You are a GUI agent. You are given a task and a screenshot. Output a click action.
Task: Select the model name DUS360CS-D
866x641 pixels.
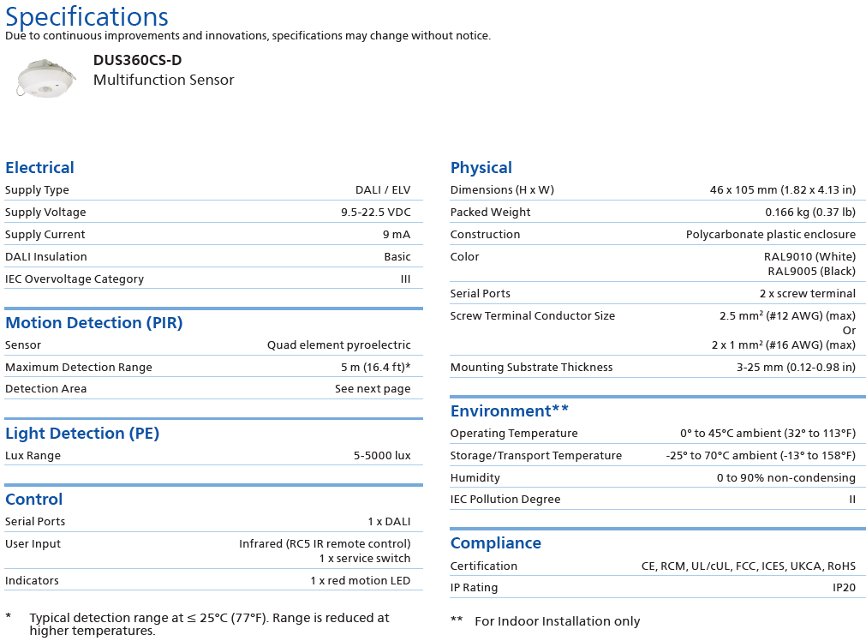coord(137,60)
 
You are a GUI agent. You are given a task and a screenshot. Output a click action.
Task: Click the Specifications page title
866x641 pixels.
coord(87,16)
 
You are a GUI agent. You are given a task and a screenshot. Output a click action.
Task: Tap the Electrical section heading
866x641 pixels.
coord(39,168)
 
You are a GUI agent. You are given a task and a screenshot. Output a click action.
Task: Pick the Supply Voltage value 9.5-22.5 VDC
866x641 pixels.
coord(375,213)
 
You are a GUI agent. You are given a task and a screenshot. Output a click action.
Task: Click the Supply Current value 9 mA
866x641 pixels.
coord(397,235)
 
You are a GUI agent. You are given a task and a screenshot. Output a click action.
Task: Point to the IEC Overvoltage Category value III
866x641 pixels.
coord(405,279)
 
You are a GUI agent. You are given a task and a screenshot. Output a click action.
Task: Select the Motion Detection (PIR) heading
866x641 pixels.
coord(93,323)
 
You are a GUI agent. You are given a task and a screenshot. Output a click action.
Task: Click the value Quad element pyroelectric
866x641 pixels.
coord(338,345)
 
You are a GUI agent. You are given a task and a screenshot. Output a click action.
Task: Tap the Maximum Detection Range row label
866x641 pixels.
coord(79,368)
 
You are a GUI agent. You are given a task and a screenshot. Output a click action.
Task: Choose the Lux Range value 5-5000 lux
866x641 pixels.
coord(382,456)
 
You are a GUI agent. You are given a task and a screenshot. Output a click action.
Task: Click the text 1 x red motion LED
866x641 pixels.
coord(360,581)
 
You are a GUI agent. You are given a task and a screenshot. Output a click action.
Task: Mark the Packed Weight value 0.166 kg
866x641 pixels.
coord(809,213)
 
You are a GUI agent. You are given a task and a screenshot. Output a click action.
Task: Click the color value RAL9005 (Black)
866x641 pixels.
coord(811,272)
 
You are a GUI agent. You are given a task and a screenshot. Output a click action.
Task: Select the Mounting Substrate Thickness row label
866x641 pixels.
coord(531,368)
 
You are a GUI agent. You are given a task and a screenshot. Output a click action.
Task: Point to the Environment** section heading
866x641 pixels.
coord(510,411)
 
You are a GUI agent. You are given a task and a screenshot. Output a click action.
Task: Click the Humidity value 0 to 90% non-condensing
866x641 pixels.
coord(785,478)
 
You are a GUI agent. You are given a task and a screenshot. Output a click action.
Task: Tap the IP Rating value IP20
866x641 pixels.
coord(844,588)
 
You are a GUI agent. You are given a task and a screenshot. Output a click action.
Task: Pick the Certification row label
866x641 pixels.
coord(484,566)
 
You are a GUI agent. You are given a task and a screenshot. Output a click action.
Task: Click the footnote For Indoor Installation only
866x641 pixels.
coord(557,621)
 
